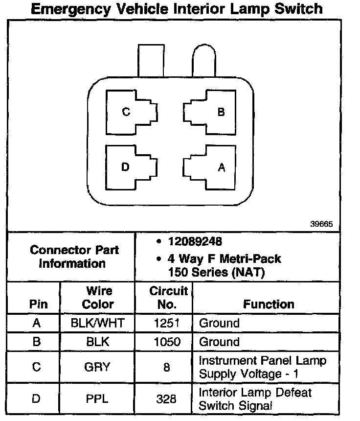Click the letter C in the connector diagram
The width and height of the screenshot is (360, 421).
pos(126,112)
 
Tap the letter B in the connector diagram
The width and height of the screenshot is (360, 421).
pos(221,112)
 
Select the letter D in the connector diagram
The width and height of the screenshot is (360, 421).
pos(126,167)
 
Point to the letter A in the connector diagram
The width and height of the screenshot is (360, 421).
pos(221,167)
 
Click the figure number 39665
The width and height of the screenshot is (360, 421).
pos(321,224)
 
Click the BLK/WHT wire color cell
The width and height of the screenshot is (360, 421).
pos(97,323)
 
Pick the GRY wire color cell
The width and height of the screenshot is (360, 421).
pos(97,367)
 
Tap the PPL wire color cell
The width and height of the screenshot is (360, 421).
pos(97,398)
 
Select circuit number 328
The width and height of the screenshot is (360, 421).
pos(166,399)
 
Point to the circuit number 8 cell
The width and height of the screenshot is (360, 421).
pos(167,367)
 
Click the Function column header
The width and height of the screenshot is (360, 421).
pos(269,304)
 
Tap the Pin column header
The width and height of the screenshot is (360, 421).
pos(39,304)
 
